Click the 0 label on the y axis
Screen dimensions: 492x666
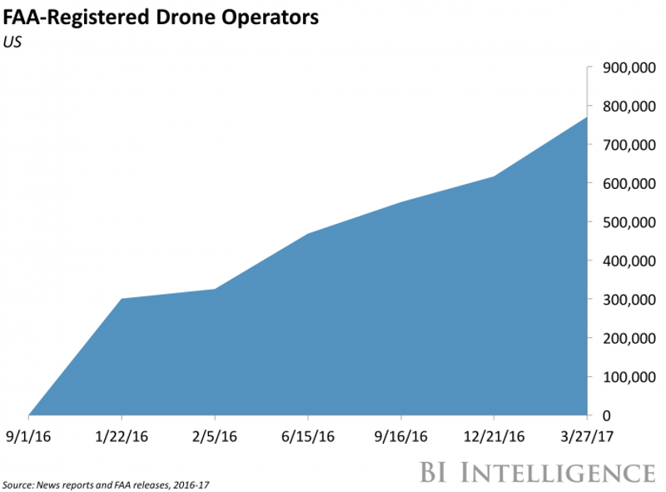point(605,415)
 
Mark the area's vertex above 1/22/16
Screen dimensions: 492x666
point(122,299)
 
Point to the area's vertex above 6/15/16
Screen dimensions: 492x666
point(308,234)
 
